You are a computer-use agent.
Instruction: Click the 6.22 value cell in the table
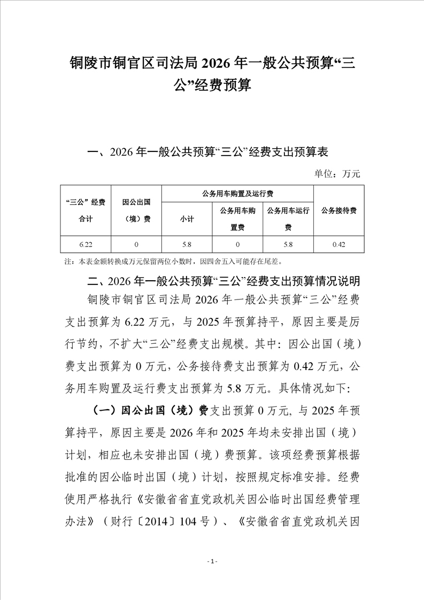(x=86, y=244)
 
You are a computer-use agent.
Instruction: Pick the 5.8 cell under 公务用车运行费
(x=288, y=244)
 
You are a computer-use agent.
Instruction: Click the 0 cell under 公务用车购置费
(x=237, y=244)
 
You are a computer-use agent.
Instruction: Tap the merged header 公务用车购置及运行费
(x=237, y=193)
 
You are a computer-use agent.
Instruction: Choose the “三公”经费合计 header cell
(x=86, y=210)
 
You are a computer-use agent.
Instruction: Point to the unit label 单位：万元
(x=337, y=173)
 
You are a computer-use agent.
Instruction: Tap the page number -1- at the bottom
(x=212, y=561)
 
